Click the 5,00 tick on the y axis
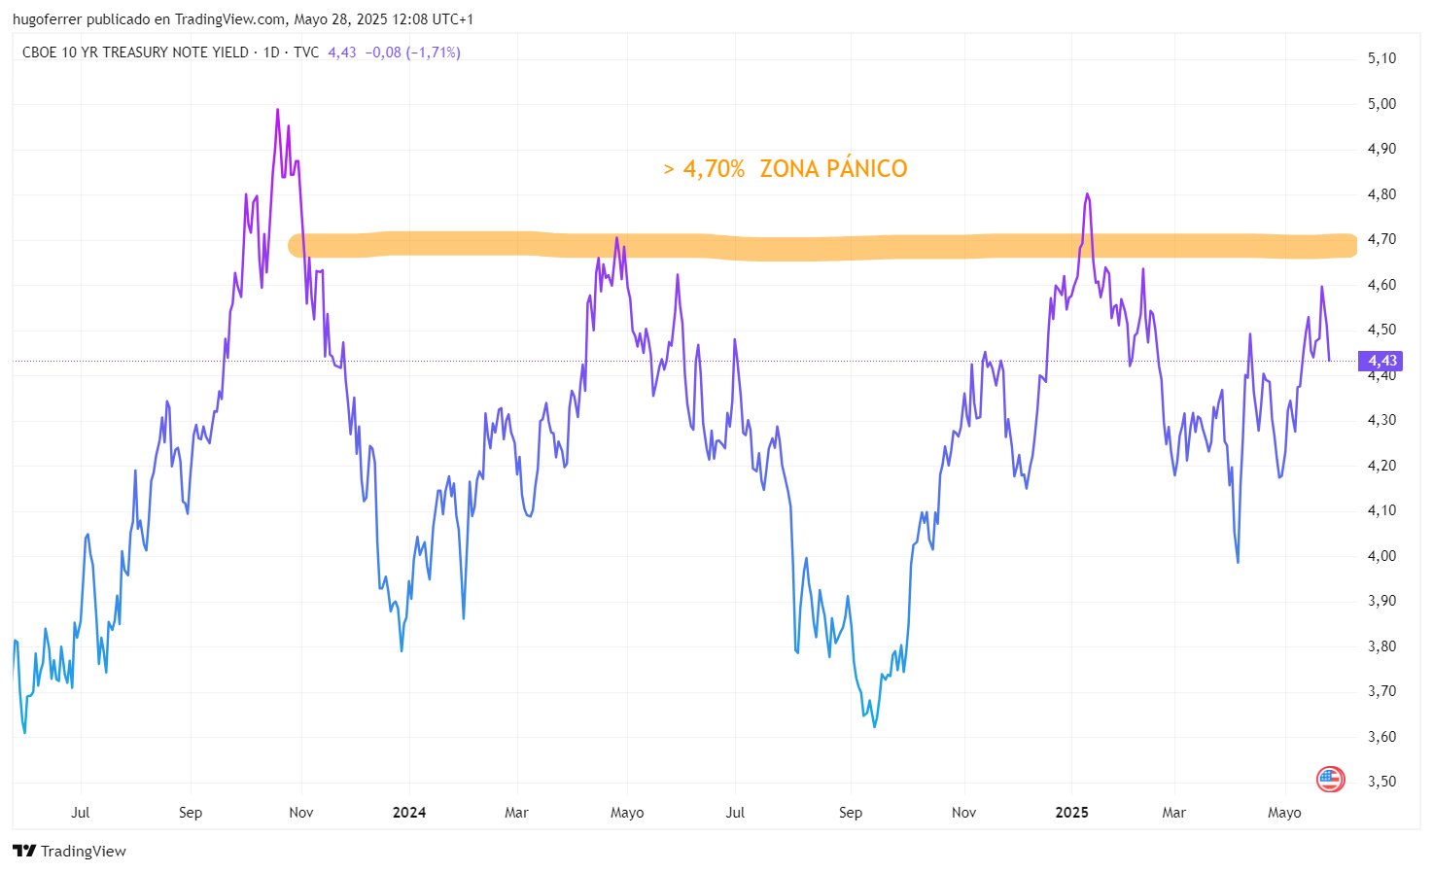(1381, 104)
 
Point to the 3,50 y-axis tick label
(1381, 782)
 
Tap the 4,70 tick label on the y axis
(1381, 239)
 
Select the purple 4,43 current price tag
(1381, 361)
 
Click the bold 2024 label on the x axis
(409, 813)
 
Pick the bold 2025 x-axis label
(1071, 813)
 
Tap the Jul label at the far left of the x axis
(81, 813)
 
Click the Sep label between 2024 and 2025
(851, 813)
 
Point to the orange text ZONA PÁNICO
(833, 169)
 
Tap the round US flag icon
(1330, 779)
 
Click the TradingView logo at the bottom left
(70, 852)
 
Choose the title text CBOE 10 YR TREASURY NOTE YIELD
(135, 52)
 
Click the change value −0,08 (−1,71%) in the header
(412, 52)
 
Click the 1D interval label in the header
(271, 52)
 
